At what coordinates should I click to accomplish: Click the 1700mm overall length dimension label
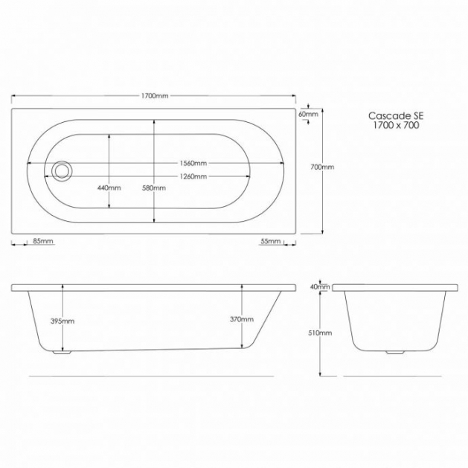[155, 96]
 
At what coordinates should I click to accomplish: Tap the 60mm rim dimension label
[308, 114]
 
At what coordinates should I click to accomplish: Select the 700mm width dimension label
[322, 167]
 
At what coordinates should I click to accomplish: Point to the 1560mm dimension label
[193, 163]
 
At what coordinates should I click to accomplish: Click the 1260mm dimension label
[193, 176]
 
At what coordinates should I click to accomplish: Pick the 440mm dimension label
[109, 187]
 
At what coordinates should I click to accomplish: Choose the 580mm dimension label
[154, 187]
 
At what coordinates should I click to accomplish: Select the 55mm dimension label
[271, 241]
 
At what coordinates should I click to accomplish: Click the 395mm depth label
[62, 321]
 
